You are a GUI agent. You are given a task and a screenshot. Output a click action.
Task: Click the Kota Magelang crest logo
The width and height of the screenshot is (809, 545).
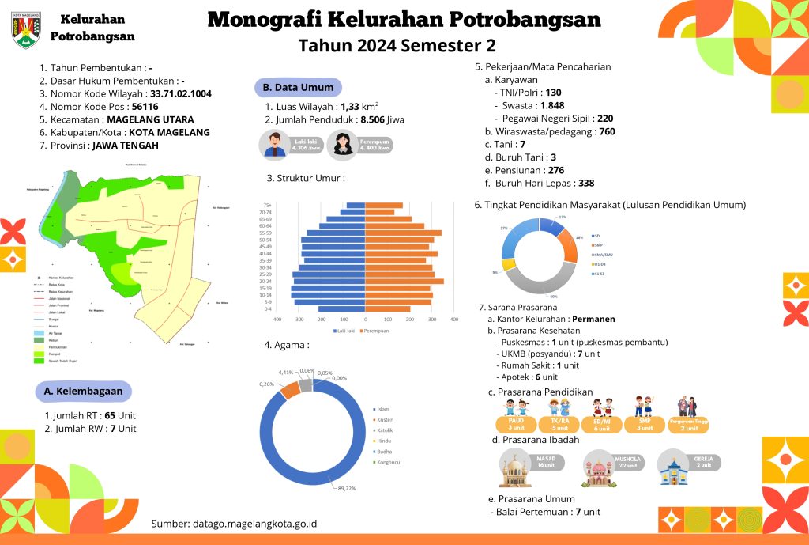click(x=26, y=29)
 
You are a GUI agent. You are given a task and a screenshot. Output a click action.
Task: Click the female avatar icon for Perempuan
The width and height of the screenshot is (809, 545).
click(x=342, y=143)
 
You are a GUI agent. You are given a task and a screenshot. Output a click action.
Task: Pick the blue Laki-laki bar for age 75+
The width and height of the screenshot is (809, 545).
click(x=355, y=206)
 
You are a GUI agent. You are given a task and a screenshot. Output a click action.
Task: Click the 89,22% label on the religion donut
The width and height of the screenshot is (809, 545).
click(x=346, y=488)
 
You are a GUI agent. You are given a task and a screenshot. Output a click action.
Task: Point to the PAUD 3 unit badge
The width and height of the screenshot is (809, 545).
click(x=517, y=424)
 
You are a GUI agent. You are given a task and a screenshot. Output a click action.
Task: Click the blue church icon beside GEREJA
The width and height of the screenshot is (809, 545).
click(x=674, y=467)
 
